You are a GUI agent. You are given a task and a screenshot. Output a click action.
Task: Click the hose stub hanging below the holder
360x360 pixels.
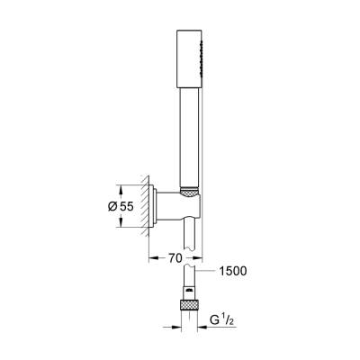tap(190, 238)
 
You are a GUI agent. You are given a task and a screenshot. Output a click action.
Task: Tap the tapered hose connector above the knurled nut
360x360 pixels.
tap(190, 287)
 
